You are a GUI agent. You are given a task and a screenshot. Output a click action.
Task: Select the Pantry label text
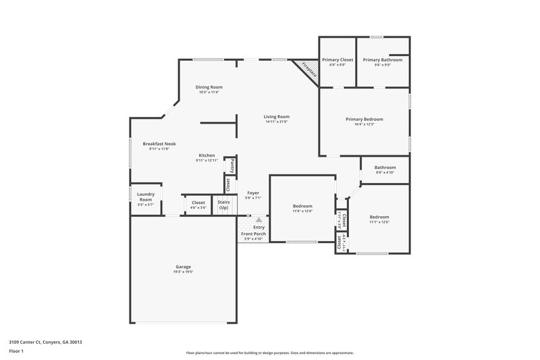pos(232,165)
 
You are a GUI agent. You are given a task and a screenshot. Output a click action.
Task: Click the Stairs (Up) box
pos(223,204)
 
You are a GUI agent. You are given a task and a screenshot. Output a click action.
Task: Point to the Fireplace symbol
pos(308,70)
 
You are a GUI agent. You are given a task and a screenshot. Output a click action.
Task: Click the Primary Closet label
pos(337,60)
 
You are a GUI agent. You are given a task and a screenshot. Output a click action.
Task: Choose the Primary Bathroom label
pos(382,60)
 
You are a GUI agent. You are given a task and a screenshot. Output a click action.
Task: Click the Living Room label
pos(276,117)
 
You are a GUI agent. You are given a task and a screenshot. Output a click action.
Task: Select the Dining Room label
pos(209,87)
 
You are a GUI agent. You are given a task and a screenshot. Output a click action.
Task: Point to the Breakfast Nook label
pos(159,144)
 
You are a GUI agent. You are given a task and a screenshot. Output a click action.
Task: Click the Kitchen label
pos(207,155)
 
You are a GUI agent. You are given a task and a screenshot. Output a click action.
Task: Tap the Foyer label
pos(253,193)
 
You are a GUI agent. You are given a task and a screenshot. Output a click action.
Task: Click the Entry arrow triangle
pos(259,220)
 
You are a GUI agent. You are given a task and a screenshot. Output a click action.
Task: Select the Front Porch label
pos(254,234)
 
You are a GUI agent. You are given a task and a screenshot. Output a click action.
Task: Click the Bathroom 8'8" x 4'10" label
pos(385,168)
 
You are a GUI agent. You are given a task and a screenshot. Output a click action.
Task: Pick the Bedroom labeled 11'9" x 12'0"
pos(302,206)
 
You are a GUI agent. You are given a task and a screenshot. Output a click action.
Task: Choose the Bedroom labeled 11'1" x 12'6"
pos(379,217)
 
